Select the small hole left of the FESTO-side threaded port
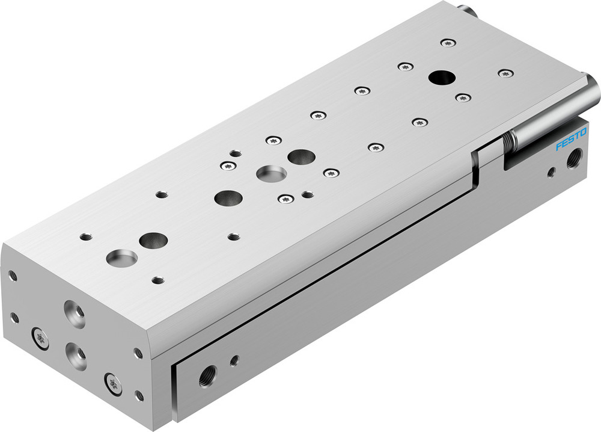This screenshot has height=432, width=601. pyautogui.click(x=551, y=172)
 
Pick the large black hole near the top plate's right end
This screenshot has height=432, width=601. pyautogui.click(x=442, y=77)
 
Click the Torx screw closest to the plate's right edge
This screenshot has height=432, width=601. pyautogui.click(x=505, y=73)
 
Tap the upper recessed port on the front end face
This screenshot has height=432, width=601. pyautogui.click(x=76, y=315)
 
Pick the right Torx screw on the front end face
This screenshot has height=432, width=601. pyautogui.click(x=112, y=383)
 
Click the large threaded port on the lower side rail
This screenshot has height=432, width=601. pyautogui.click(x=208, y=375)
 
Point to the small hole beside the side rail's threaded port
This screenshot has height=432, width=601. pyautogui.click(x=234, y=360)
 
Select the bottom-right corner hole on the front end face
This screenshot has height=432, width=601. pyautogui.click(x=139, y=395)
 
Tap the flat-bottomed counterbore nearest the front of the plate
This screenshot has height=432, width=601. pyautogui.click(x=121, y=258)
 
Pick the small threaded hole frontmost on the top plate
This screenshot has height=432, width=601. pyautogui.click(x=158, y=280)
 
